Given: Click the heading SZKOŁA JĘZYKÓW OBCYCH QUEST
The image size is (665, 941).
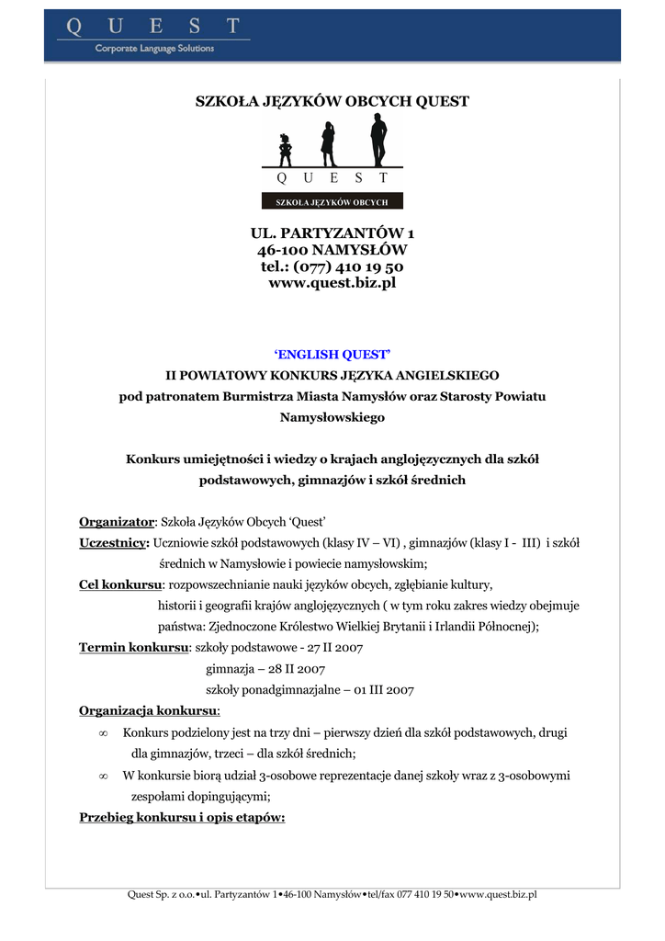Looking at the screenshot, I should point(332,101).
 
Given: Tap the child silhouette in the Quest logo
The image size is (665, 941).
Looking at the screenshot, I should point(285,149).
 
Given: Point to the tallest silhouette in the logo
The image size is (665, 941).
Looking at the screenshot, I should point(378,140).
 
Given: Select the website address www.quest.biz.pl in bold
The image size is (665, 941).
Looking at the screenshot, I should point(332,283).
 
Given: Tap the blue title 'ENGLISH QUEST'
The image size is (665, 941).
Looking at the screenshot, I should point(332,354).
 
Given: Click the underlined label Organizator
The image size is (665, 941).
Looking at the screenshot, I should point(117,521).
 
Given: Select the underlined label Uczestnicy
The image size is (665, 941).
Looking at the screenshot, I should point(114,542).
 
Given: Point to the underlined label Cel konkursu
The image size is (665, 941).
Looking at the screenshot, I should point(120,584).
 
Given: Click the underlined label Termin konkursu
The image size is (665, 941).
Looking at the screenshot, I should point(133,648).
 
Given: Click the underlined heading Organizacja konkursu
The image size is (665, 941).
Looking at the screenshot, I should point(149,711).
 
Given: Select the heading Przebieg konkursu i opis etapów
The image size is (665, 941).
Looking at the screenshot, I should point(182,817).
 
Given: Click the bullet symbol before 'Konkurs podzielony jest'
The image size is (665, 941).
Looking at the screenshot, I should point(103,733).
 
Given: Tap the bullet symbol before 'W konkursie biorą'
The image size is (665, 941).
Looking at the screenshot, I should point(103,776).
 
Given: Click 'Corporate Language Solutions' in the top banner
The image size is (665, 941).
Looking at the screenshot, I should point(154,49).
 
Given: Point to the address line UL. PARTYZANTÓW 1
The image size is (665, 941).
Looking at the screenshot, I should point(332,233).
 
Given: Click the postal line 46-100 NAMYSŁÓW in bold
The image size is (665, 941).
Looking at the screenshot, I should point(332,250).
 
